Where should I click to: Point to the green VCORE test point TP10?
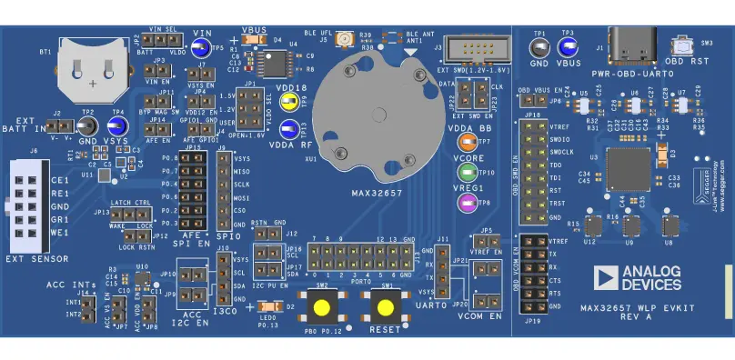(x=468, y=173)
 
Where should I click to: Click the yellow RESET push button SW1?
(x=385, y=306)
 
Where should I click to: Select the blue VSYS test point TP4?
(x=116, y=126)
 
